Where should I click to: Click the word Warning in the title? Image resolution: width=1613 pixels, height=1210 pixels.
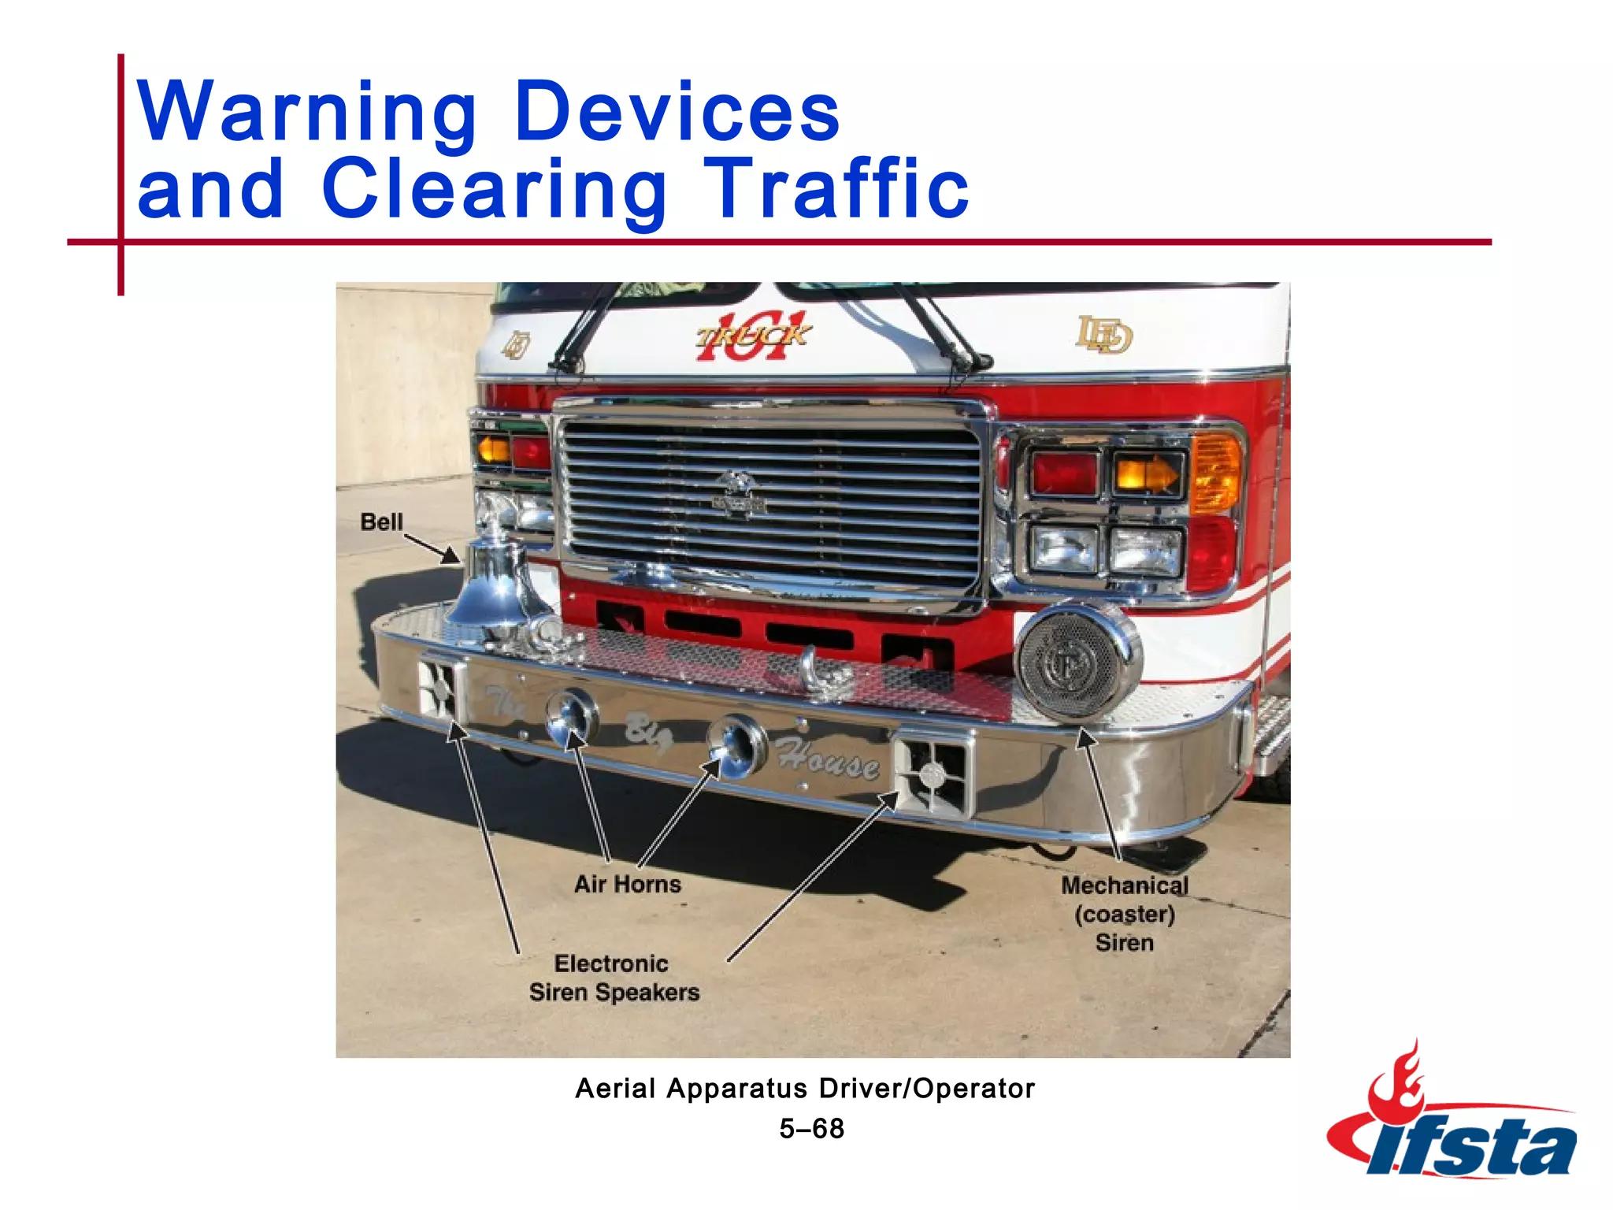tap(307, 113)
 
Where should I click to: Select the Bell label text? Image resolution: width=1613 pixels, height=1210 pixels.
tap(381, 522)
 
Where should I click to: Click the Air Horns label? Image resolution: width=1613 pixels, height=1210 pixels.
tap(628, 884)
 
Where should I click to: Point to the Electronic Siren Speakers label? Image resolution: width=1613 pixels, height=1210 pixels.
tap(614, 978)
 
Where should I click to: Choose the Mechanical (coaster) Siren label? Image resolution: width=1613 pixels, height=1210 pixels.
tap(1124, 914)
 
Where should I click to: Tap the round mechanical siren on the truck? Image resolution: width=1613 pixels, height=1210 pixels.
tap(1077, 663)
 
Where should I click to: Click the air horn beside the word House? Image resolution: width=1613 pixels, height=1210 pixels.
tap(736, 745)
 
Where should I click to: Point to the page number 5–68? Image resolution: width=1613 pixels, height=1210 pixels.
tap(811, 1129)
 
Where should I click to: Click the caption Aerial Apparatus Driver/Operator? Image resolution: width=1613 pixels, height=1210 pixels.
tap(805, 1089)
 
